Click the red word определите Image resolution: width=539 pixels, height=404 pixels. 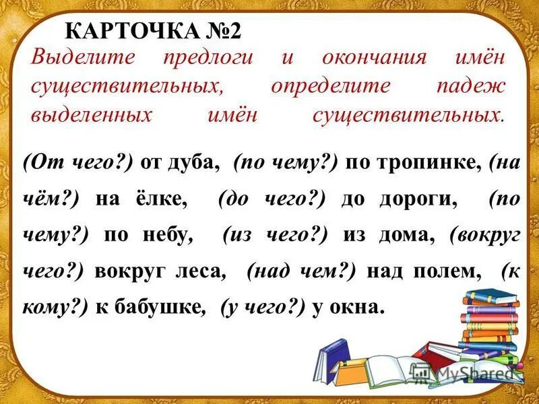click(x=330, y=86)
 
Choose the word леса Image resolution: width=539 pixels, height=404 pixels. click(x=197, y=271)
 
